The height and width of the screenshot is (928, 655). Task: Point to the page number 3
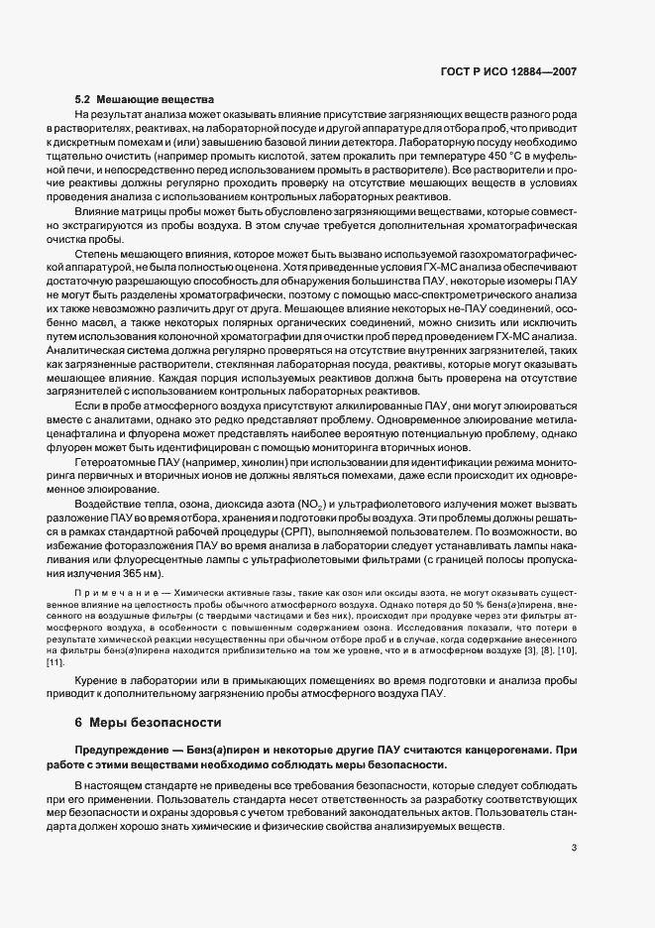pos(575,847)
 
